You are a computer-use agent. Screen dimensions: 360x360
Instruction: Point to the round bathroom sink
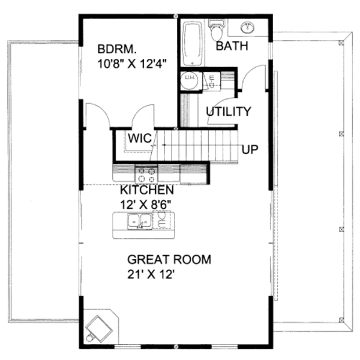point(247,28)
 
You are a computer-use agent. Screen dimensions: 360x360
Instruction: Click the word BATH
point(232,46)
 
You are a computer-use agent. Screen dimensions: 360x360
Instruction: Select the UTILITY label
point(228,112)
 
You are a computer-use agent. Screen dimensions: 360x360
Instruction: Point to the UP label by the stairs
point(250,149)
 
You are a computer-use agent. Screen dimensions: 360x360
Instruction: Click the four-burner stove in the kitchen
point(146,174)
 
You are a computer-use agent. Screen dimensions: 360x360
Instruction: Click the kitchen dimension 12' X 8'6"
point(146,204)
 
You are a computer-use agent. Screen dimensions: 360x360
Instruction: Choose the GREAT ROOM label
point(169,260)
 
